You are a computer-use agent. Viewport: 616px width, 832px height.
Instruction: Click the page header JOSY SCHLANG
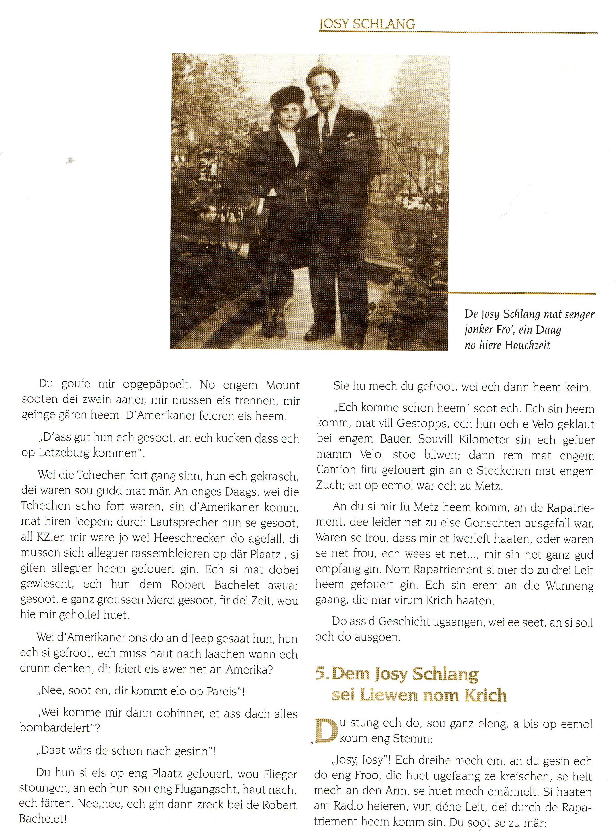click(367, 24)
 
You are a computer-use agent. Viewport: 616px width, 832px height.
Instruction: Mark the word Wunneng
click(569, 586)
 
